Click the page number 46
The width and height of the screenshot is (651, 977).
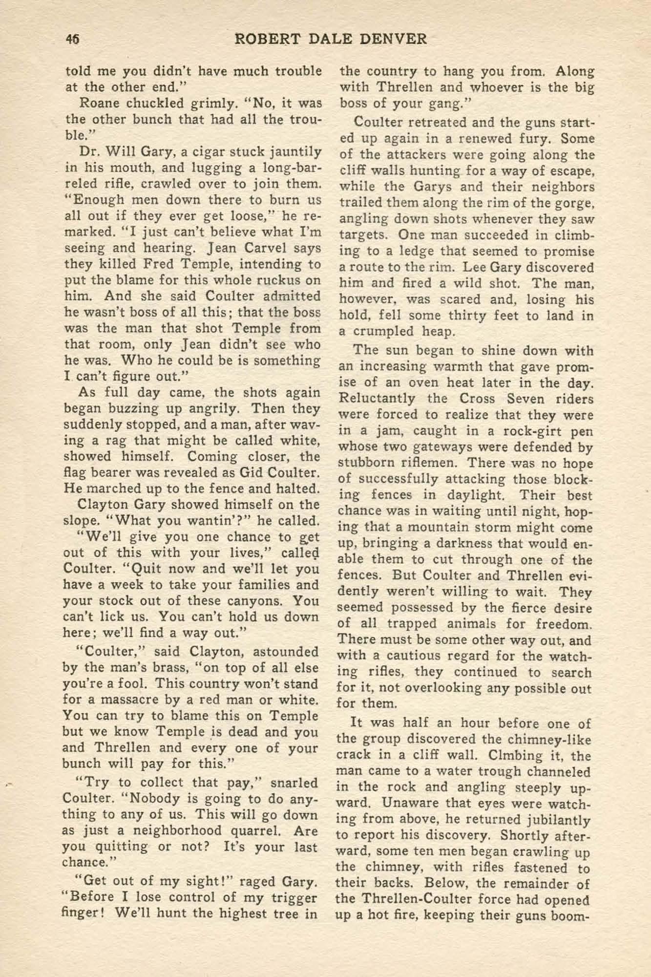(x=73, y=40)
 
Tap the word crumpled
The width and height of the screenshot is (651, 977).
(x=386, y=331)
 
